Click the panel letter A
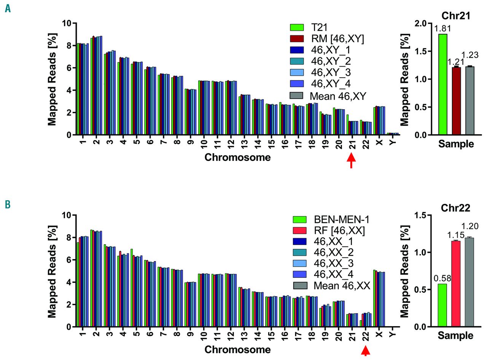coord(8,8)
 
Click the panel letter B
coord(8,204)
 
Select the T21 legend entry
coord(318,27)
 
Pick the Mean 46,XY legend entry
coord(338,96)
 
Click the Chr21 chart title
coord(456,16)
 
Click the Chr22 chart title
coord(456,208)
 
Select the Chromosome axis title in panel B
coord(237,349)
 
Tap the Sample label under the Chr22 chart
coord(456,336)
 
